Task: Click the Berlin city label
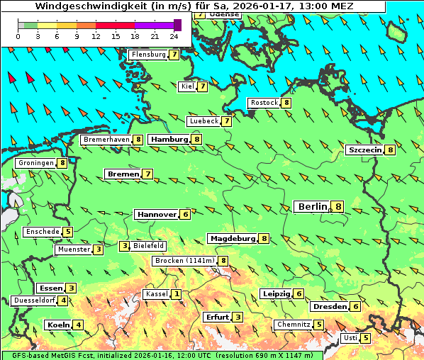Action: pyautogui.click(x=312, y=206)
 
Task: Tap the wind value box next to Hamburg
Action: pyautogui.click(x=197, y=140)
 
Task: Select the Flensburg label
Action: pyautogui.click(x=148, y=55)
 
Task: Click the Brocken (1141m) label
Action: pyautogui.click(x=184, y=261)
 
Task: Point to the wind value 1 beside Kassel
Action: pyautogui.click(x=176, y=294)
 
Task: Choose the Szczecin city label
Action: pyautogui.click(x=364, y=150)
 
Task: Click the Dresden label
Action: pyautogui.click(x=329, y=307)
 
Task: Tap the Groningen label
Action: pyautogui.click(x=36, y=163)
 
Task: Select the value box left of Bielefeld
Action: pyautogui.click(x=124, y=246)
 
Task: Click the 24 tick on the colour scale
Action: pyautogui.click(x=174, y=35)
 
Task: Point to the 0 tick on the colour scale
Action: pyautogui.click(x=18, y=35)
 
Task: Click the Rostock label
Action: pyautogui.click(x=264, y=103)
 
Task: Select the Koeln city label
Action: pyautogui.click(x=57, y=325)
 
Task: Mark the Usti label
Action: pyautogui.click(x=350, y=338)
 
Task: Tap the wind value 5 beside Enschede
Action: pyautogui.click(x=68, y=232)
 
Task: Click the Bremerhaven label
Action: pyautogui.click(x=106, y=140)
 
